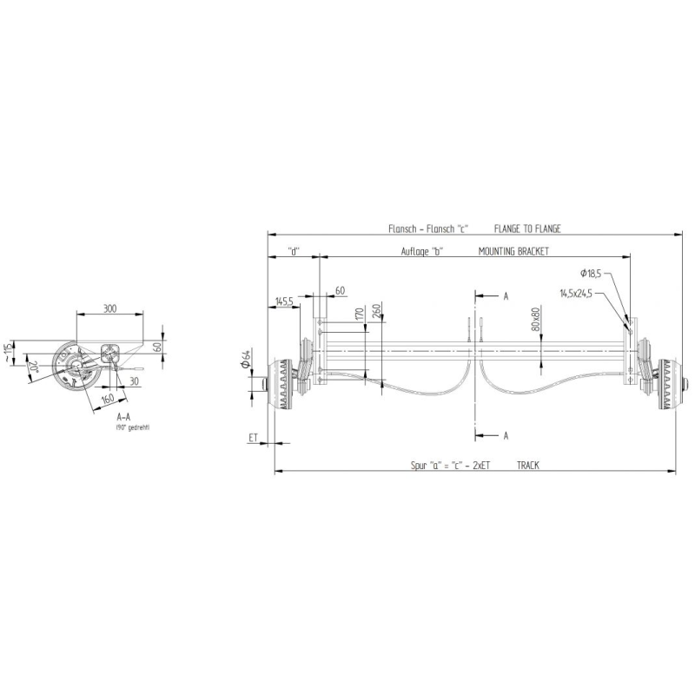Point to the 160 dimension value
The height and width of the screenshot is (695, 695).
[107, 399]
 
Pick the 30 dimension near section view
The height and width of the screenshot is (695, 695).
[136, 381]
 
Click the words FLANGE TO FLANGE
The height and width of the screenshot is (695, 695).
[527, 229]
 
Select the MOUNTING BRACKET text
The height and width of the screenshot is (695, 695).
[514, 251]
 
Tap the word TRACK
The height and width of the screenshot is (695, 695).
[527, 466]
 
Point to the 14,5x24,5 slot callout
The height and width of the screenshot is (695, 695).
[576, 295]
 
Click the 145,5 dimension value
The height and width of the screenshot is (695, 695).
[283, 301]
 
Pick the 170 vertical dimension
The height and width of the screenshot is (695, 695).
[359, 314]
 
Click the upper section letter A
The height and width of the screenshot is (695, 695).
[505, 296]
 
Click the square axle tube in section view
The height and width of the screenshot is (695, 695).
[110, 354]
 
